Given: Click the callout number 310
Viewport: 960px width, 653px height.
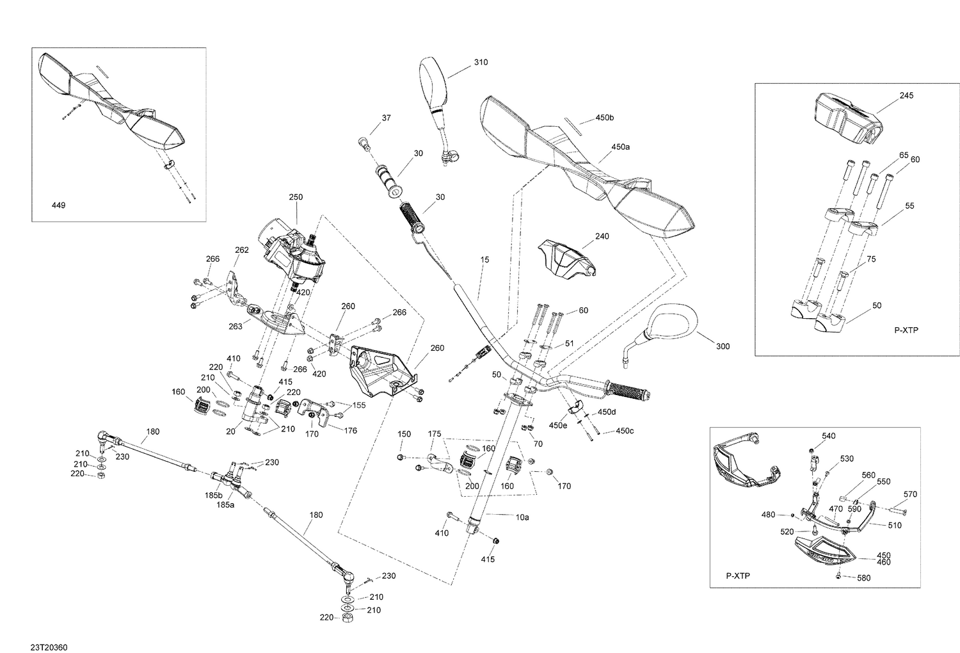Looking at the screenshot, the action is pos(481,62).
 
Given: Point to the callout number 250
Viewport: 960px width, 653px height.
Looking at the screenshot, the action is pos(296,197).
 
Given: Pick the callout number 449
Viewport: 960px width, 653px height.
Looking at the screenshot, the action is pos(58,206).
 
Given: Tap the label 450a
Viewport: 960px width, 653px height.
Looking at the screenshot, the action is pos(621,147).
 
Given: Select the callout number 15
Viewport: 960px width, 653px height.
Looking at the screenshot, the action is pos(484,259).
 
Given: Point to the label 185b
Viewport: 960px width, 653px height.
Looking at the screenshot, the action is pos(213,496).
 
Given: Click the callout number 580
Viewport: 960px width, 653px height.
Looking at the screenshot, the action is pos(864,578).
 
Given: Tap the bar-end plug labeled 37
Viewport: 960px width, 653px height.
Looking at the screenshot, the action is pos(365,143).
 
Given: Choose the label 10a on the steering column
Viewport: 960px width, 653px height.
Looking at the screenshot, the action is pos(522,517).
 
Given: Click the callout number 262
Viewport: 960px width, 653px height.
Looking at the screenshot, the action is pos(242,250).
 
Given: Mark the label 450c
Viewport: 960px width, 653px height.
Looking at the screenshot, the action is pos(625,431).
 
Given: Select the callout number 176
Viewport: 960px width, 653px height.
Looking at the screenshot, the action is pos(351,430).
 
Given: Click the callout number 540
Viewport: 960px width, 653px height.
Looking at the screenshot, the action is pos(828,436).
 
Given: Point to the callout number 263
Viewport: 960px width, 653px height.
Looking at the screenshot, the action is pos(236,326).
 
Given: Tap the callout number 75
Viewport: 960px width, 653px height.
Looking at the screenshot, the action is pos(871,259).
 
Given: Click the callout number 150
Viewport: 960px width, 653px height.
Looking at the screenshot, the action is pos(404,434).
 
